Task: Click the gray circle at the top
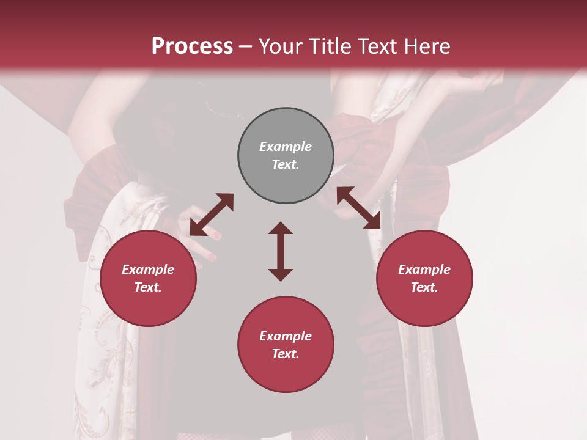[x=286, y=156]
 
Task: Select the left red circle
[x=148, y=279]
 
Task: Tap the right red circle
[x=424, y=279]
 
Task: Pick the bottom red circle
[x=286, y=345]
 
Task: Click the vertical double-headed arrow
[x=281, y=251]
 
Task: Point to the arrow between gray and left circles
[x=212, y=215]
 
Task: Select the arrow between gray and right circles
[x=358, y=208]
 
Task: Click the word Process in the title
[x=192, y=46]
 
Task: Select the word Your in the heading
[x=279, y=46]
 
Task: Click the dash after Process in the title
[x=246, y=46]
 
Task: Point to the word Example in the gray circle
[x=286, y=147]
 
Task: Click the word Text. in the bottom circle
[x=286, y=354]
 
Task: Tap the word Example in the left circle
[x=148, y=269]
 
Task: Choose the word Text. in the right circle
[x=424, y=287]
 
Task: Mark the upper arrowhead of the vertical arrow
[x=281, y=228]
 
